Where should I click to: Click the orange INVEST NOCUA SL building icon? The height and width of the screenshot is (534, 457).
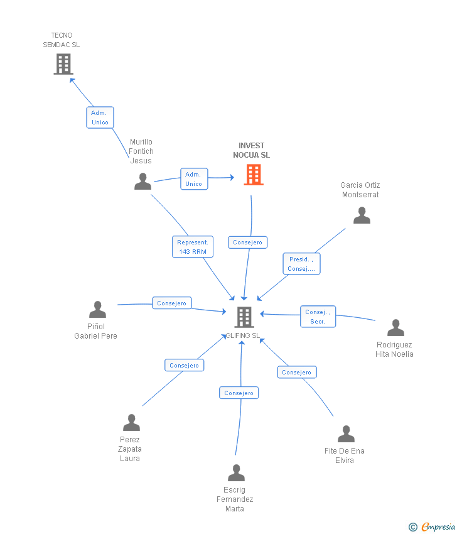254,175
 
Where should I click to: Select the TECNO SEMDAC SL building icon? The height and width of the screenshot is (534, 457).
63,64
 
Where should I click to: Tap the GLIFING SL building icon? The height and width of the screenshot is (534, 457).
244,317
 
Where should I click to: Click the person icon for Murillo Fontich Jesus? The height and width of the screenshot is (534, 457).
142,181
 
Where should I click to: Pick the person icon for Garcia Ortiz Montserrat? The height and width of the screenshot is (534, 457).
362,215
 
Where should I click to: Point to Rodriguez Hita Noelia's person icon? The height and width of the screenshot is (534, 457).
395,327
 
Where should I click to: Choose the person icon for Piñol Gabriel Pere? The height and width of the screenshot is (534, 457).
98,309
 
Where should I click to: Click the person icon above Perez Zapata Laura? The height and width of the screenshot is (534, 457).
131,422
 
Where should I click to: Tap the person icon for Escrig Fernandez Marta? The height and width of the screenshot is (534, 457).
236,472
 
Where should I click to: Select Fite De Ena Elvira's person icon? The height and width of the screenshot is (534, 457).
346,433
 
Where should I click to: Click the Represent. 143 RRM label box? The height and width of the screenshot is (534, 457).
193,246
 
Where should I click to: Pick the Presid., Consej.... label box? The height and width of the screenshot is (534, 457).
301,264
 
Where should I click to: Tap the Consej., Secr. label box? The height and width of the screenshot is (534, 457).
318,317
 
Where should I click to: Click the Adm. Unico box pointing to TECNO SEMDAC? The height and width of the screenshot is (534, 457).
100,117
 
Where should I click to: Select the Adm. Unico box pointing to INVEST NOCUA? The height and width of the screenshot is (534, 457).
194,179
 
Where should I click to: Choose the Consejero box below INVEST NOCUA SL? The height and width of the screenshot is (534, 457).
248,242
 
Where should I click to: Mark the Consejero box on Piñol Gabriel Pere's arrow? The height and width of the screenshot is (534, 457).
172,303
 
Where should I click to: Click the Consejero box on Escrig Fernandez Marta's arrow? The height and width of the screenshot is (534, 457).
239,393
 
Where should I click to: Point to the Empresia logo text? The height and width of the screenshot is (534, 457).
438,526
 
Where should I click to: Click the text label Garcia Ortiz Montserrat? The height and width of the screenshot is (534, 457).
360,190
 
